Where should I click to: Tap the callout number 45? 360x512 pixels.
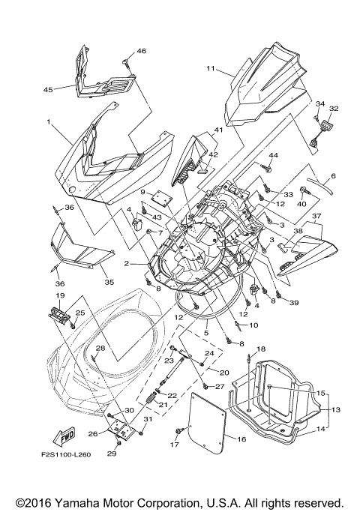point(48,90)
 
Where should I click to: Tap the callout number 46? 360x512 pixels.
point(142,51)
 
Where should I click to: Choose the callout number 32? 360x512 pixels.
point(334,109)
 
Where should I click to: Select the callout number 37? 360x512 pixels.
point(316,216)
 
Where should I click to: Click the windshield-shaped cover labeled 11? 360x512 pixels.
point(270,86)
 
